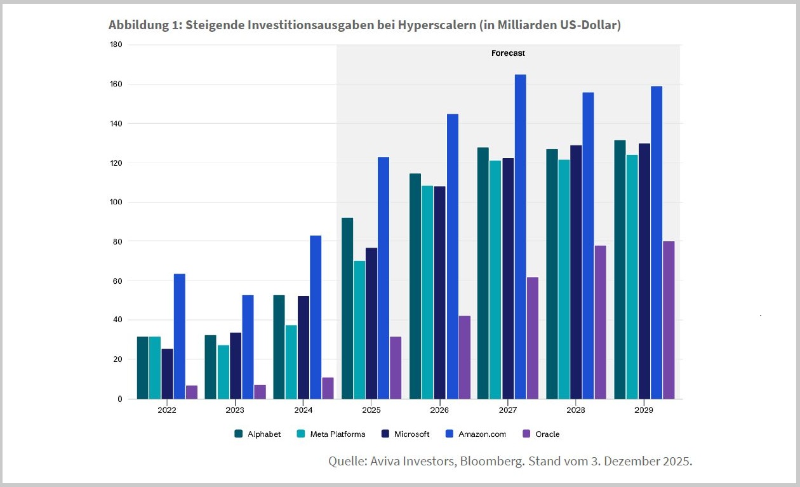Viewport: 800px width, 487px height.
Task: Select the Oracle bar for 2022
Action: [x=192, y=392]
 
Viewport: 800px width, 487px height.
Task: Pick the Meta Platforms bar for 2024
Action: [x=291, y=362]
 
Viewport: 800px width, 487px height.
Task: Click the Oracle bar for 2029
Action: [x=669, y=320]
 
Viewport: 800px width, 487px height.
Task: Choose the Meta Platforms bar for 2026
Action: [x=427, y=292]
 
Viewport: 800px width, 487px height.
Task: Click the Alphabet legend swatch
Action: [x=239, y=434]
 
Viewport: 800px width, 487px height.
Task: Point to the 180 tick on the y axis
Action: [x=116, y=44]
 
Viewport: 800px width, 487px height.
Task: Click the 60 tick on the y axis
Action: [x=117, y=281]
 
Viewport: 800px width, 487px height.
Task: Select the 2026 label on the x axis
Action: [x=439, y=410]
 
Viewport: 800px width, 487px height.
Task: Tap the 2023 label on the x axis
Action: [x=235, y=410]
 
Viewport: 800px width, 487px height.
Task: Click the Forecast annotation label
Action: [x=508, y=53]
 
